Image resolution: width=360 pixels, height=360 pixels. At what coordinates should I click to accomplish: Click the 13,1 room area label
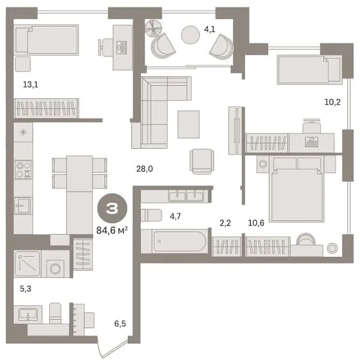point(31,85)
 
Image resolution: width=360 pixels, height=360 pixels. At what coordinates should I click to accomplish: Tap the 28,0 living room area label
point(145,169)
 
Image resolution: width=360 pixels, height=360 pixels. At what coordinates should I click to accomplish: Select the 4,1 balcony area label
point(209,29)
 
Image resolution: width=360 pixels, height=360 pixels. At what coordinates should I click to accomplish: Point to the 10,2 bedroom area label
point(332,102)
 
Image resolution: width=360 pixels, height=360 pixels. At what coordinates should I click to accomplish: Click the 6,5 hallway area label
point(120,324)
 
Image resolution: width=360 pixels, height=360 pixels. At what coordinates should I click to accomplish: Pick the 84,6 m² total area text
point(112,230)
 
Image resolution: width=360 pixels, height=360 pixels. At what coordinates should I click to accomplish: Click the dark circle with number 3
point(112,208)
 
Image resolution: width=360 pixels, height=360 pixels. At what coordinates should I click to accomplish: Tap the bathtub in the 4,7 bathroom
point(180,241)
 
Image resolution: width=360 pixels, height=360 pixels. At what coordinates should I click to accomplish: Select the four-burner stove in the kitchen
point(23,169)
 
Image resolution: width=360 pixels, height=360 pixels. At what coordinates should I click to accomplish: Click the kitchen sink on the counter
point(23,205)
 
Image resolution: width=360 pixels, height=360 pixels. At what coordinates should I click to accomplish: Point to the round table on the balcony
point(190,35)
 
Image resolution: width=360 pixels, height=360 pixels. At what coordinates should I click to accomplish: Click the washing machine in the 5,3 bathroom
point(55,268)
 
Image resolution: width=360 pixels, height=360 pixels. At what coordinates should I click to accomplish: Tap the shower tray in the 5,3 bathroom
point(28,264)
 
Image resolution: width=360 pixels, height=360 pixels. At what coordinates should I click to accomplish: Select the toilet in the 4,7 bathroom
point(151,215)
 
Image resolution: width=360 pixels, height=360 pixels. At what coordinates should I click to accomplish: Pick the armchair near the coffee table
point(202,161)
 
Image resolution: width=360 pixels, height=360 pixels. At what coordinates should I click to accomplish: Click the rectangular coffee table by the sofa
point(188,124)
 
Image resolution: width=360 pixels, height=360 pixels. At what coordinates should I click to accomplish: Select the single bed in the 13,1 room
point(47,40)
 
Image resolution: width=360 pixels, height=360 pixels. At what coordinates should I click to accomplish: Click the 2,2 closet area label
point(225,223)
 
